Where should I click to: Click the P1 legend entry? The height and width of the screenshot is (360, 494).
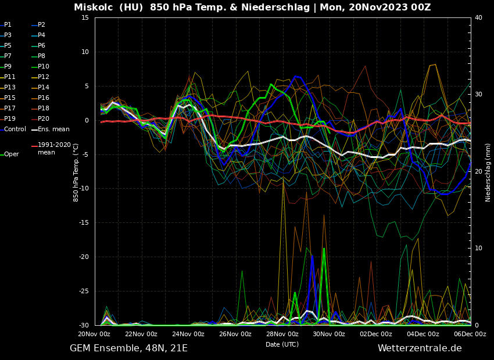8,25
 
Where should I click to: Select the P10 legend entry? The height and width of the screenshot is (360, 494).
44,67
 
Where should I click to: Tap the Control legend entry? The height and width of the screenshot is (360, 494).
15,129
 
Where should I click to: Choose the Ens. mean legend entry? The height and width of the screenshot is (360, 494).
53,129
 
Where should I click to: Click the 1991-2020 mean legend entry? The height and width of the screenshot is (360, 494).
54,149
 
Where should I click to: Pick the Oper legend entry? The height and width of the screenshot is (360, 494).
12,154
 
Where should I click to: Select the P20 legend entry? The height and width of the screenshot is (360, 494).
44,119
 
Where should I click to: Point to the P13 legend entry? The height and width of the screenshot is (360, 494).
10,88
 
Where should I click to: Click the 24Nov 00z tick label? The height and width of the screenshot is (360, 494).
188,334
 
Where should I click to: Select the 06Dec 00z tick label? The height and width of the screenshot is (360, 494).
470,334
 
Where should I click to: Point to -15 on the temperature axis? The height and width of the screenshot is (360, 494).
84,223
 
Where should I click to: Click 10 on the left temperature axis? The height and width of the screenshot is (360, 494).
85,52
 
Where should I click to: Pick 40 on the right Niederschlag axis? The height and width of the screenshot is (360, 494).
478,18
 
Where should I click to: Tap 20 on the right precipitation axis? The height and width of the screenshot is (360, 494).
478,172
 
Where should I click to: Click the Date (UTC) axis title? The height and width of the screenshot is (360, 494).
282,344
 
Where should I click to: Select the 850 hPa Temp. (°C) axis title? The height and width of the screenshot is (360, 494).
76,172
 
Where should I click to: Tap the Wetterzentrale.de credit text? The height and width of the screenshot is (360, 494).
420,348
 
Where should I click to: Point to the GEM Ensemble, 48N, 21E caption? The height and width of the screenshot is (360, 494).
128,348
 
